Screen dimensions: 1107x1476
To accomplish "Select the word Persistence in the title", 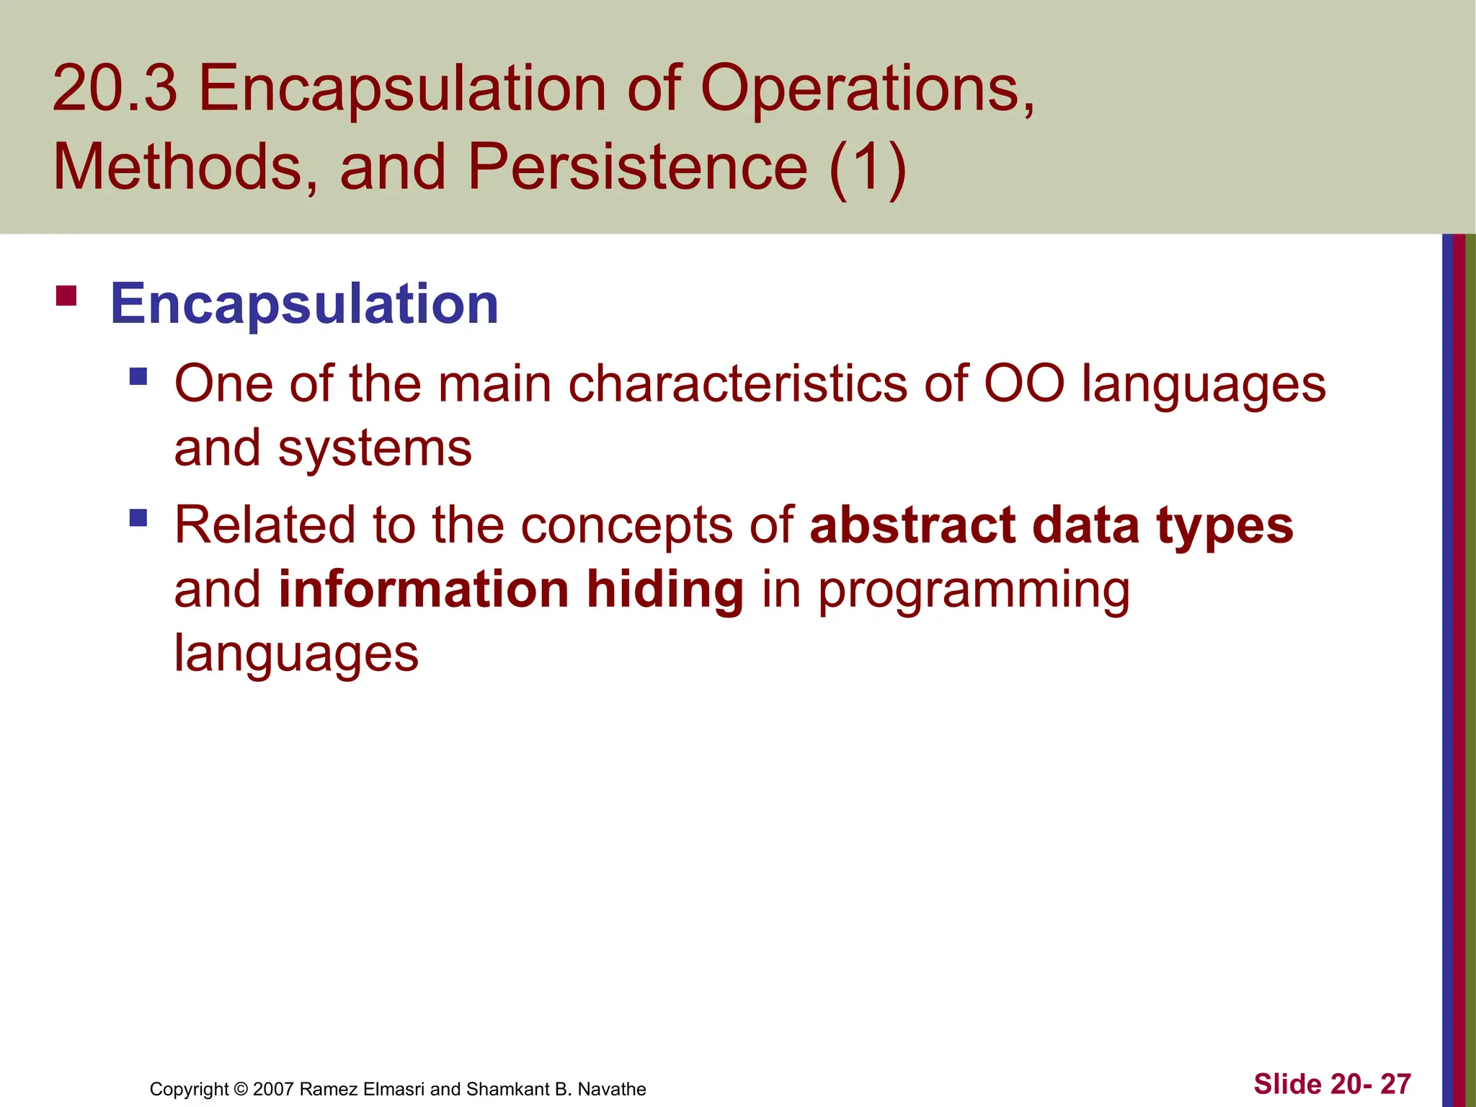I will [637, 167].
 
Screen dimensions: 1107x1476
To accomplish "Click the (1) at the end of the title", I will [867, 167].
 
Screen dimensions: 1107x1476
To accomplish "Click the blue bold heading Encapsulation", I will [303, 304].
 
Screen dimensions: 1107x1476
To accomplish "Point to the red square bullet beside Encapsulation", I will [66, 296].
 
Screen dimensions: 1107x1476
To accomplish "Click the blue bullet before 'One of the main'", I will [138, 376].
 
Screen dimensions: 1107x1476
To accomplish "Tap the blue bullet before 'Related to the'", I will [138, 517].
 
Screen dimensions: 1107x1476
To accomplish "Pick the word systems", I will [375, 448].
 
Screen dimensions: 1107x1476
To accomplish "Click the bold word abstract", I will [912, 525].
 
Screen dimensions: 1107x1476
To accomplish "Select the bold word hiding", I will [664, 590].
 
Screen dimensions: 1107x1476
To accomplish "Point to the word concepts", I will [626, 526].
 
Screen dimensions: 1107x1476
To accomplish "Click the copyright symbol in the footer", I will [241, 1089].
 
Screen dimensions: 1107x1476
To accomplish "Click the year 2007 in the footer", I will [273, 1089].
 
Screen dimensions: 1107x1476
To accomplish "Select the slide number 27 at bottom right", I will [1395, 1084].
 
